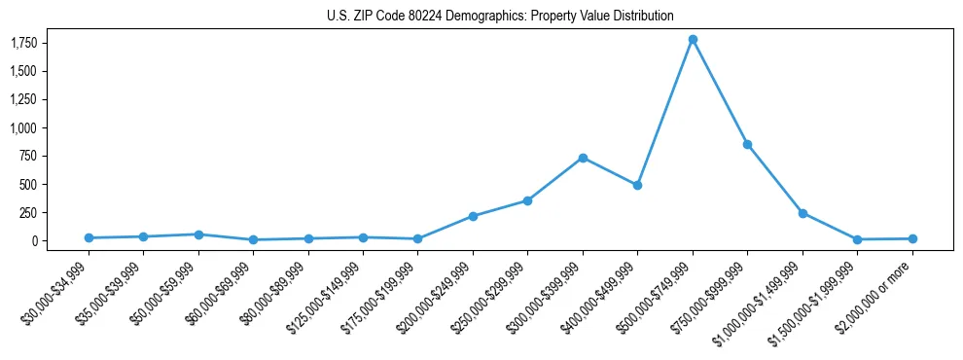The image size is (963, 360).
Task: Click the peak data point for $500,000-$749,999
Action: click(x=692, y=40)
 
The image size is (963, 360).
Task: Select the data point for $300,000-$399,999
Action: click(x=582, y=158)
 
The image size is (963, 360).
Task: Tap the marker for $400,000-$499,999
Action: click(x=637, y=185)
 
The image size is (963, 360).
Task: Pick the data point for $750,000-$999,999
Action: click(x=747, y=144)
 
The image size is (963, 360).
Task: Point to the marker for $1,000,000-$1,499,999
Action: click(x=802, y=213)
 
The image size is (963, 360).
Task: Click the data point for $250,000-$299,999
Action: click(x=527, y=200)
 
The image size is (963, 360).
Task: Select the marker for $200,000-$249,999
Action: click(x=473, y=216)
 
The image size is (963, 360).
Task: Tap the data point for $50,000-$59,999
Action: click(x=198, y=234)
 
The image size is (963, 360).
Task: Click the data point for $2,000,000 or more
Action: click(x=911, y=238)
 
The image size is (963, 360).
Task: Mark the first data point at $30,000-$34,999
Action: click(x=89, y=237)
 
